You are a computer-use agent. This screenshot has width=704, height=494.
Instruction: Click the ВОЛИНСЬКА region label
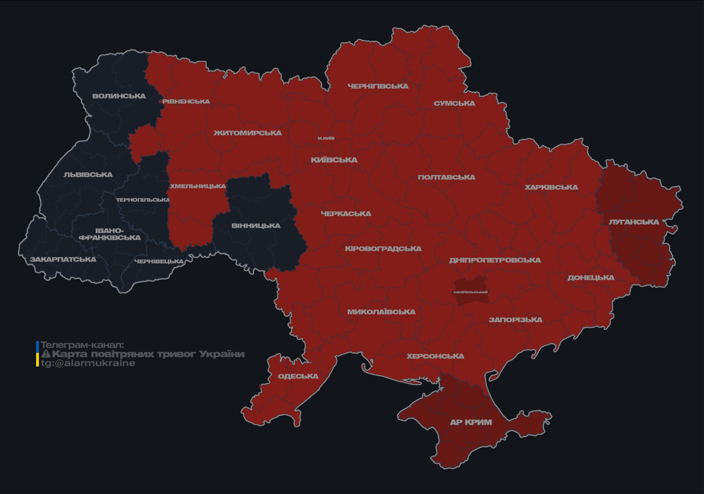point(118,96)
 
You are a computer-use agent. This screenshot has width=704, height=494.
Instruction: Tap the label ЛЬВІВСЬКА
point(88,175)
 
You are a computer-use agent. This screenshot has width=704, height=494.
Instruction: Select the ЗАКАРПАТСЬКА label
point(63,260)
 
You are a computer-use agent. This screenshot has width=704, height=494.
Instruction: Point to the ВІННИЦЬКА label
point(255,226)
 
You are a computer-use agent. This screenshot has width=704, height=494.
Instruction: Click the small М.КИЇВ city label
point(326,138)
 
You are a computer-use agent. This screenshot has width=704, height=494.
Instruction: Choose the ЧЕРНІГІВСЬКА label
point(378,86)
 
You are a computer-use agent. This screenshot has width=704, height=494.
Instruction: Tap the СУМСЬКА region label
point(454,104)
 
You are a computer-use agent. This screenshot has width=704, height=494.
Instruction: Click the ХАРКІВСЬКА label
point(551,188)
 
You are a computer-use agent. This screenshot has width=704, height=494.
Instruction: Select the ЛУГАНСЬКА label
point(634,222)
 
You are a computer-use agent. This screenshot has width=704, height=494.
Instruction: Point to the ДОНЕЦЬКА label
point(591,278)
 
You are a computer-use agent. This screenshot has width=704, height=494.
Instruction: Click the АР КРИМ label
point(470,423)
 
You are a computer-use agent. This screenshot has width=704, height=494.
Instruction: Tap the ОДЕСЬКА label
point(298,376)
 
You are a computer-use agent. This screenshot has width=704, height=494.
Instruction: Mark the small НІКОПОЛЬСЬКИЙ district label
point(470,292)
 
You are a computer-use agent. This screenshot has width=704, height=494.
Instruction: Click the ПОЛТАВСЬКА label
point(447,178)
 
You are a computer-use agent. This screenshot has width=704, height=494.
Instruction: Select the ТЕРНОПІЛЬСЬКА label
point(143,200)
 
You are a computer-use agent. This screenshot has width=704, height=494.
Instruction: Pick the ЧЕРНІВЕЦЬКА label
point(159,262)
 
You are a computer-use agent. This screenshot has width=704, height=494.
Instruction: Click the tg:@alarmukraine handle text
point(88,363)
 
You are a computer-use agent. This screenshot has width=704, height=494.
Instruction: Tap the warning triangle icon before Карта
point(46,354)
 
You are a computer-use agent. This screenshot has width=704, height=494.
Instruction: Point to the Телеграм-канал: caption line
point(82,345)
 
